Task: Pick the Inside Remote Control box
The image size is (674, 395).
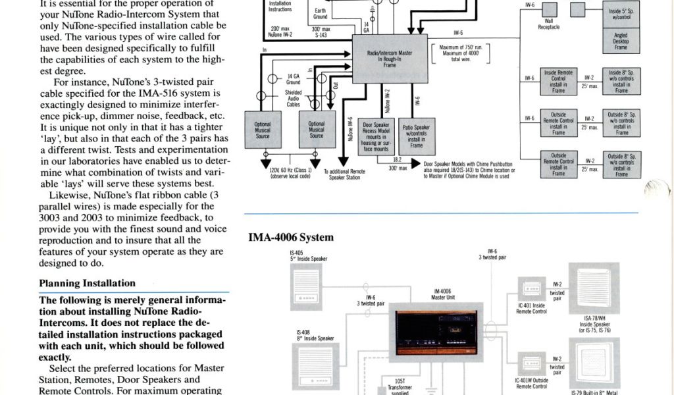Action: click(558, 82)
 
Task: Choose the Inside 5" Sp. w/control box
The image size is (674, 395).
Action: click(621, 11)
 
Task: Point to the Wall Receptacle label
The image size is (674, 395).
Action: click(548, 24)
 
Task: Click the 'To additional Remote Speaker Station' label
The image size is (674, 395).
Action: click(344, 174)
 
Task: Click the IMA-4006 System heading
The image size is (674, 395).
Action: click(290, 238)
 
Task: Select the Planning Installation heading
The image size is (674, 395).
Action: click(87, 284)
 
